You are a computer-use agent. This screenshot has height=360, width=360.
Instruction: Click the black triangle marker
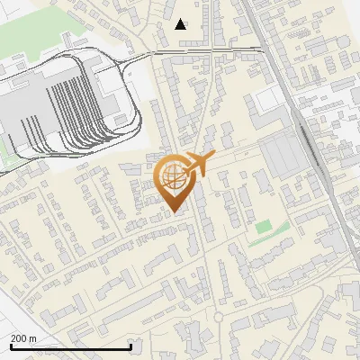182,24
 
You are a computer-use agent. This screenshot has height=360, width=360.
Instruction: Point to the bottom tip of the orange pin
173,212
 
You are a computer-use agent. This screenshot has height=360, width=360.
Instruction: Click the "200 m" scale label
24,337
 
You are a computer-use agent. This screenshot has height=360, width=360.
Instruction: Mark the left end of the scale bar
11,346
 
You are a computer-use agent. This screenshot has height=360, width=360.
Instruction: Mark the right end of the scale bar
131,346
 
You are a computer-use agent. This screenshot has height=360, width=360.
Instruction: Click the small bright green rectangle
263,227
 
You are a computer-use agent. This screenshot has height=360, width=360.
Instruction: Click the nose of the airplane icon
214,158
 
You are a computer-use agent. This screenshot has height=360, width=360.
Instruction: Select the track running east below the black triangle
216,51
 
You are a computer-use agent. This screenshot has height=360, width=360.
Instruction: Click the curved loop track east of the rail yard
135,99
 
